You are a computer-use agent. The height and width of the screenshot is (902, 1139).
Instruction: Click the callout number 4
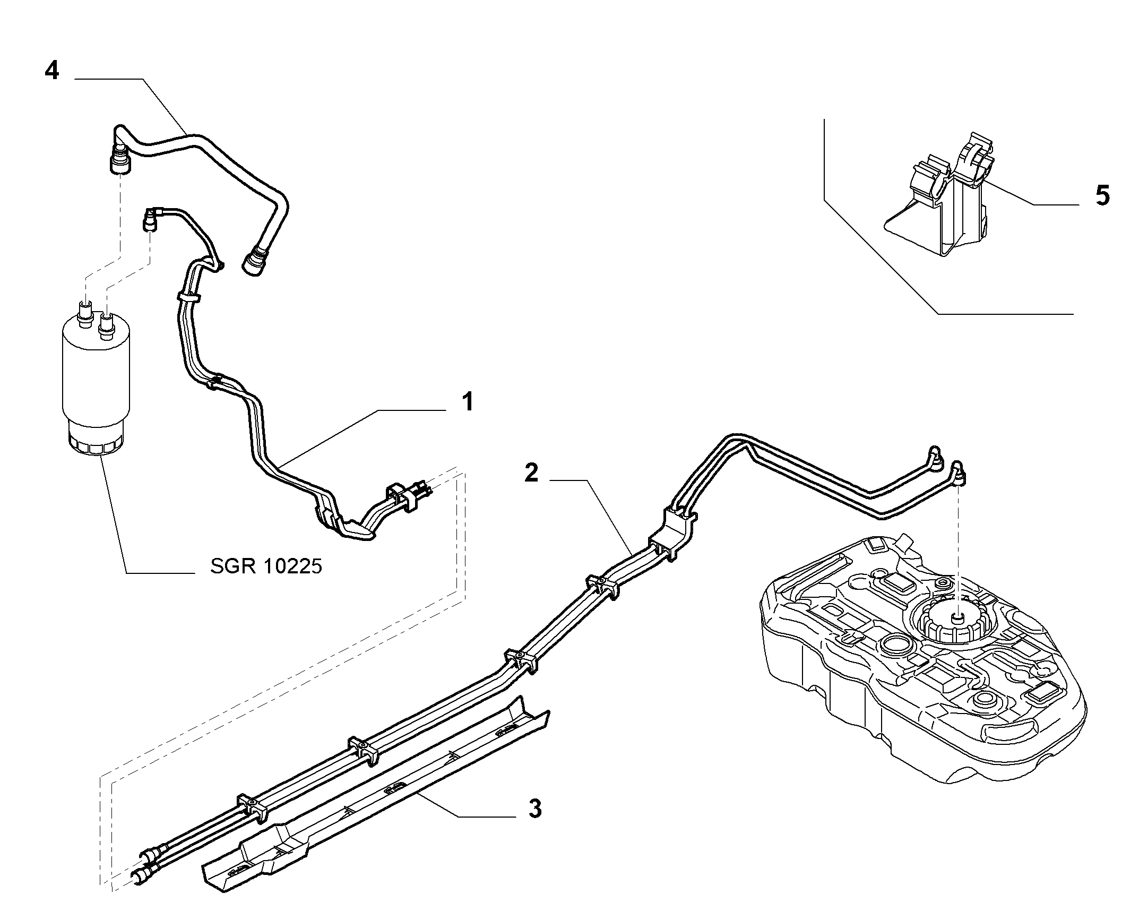tap(51, 71)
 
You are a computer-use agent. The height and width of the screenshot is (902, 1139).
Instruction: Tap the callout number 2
tap(532, 473)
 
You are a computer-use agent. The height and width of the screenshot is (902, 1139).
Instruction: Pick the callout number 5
tap(1102, 196)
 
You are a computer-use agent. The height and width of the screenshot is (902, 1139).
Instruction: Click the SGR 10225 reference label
tap(266, 567)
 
